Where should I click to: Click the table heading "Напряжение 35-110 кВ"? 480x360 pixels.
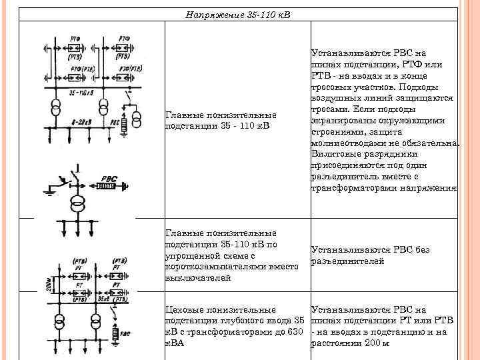click(x=239, y=14)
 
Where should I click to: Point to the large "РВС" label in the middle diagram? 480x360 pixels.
click(x=106, y=179)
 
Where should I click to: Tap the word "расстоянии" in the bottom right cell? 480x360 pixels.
click(x=337, y=343)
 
